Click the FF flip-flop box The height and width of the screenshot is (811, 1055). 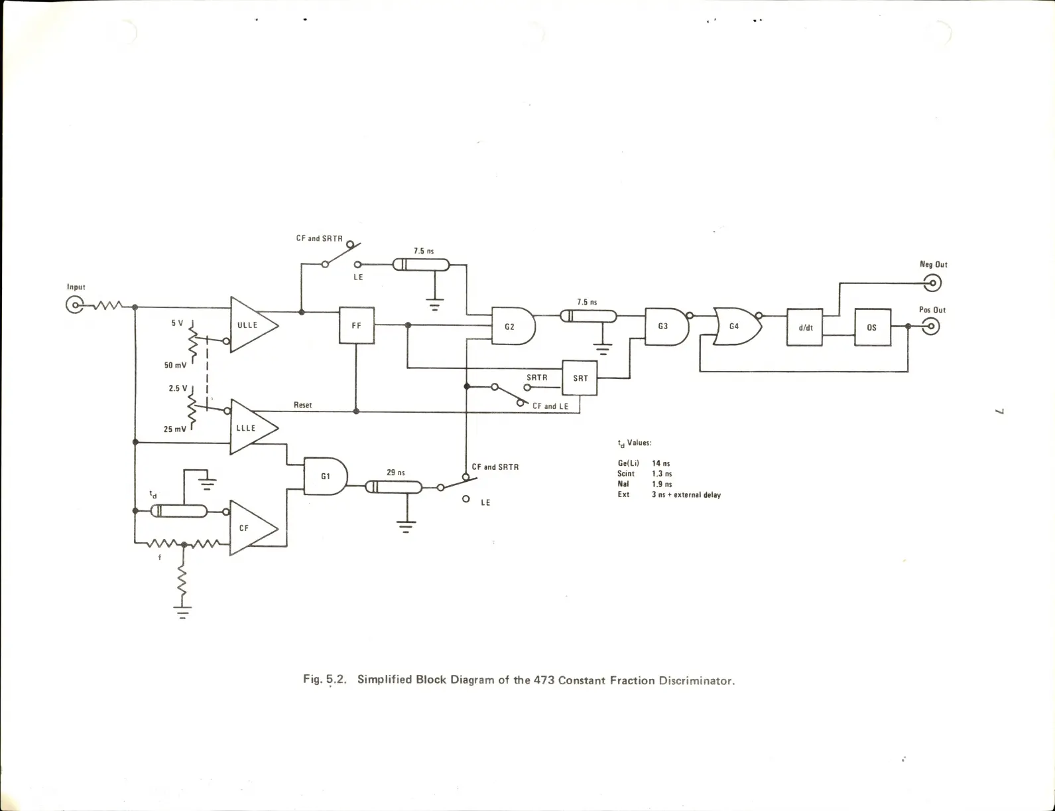[x=357, y=325]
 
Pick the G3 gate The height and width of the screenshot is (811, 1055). [x=666, y=326]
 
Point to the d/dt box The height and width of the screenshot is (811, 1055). [x=804, y=327]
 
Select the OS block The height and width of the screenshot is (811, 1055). [x=872, y=327]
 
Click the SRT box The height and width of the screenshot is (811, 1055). [x=580, y=378]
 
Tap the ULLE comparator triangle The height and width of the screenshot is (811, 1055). [x=252, y=325]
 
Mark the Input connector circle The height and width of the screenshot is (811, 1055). [x=74, y=305]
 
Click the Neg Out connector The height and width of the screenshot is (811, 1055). [x=932, y=283]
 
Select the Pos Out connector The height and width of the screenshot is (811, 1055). [x=931, y=327]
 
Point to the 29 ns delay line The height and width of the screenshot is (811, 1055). [x=395, y=488]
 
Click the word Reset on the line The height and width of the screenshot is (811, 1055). [x=302, y=405]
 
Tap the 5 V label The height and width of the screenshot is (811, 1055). [x=177, y=323]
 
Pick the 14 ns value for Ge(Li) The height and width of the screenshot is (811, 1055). [x=661, y=463]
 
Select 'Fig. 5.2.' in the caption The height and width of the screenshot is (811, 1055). [x=325, y=680]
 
